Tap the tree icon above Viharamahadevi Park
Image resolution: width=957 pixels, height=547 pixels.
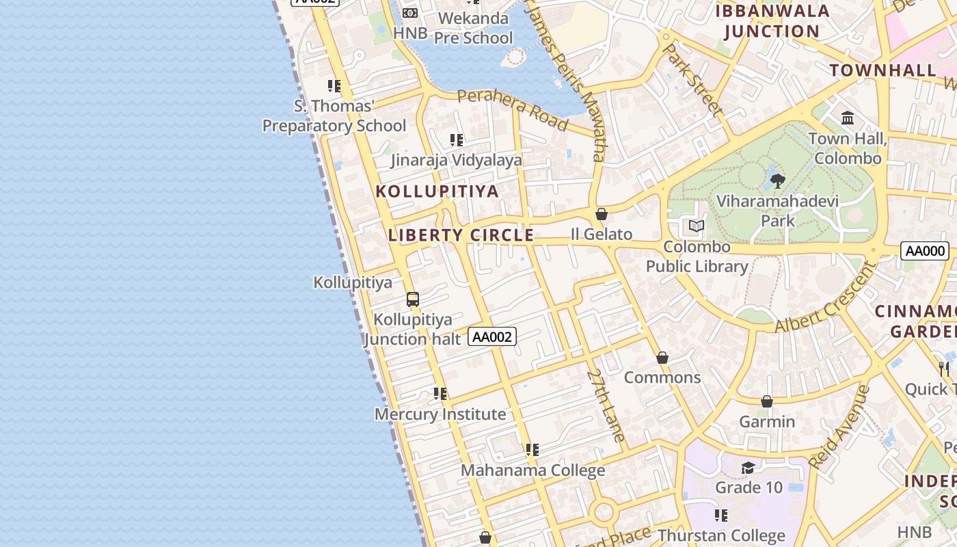point(777,181)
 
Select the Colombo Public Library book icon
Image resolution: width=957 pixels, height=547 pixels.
point(697,226)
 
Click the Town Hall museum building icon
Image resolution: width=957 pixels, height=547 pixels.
point(848,118)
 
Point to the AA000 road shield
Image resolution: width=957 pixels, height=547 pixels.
point(925,251)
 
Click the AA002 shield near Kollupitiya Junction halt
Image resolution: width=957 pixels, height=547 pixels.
point(492,336)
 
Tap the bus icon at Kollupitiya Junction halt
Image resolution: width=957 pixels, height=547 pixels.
point(412,299)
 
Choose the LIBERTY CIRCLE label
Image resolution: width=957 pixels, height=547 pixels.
point(461,235)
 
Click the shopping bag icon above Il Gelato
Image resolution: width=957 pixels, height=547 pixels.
point(602,214)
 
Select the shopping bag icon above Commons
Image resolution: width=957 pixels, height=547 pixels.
point(662,358)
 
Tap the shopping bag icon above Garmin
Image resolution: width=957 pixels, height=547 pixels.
point(767,401)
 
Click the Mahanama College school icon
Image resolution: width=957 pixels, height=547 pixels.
point(532,450)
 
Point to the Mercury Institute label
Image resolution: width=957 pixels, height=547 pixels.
point(440,414)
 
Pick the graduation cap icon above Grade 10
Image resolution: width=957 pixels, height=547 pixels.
point(749,468)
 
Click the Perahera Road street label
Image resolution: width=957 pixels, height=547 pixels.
point(512,109)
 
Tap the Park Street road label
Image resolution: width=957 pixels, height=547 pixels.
point(692,79)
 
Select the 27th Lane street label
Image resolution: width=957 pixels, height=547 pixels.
point(606,405)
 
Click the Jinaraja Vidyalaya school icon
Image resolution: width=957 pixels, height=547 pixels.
point(457,140)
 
